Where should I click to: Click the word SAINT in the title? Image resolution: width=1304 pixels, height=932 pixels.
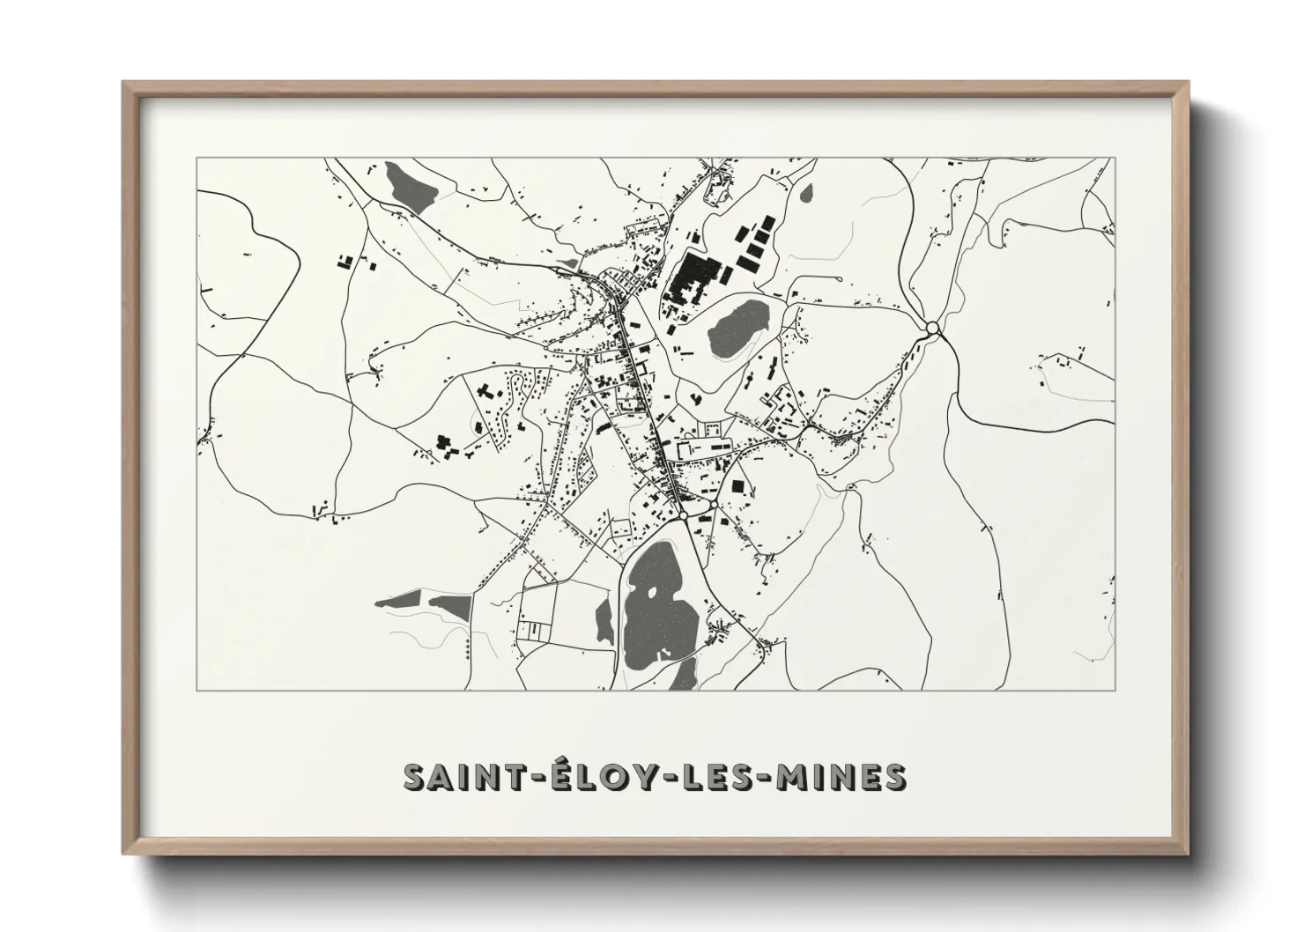(456, 776)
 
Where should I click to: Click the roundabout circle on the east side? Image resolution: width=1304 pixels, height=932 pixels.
(932, 329)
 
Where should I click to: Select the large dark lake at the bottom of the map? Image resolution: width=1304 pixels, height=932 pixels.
(656, 608)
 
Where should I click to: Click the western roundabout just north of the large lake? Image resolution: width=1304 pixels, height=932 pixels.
(684, 513)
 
